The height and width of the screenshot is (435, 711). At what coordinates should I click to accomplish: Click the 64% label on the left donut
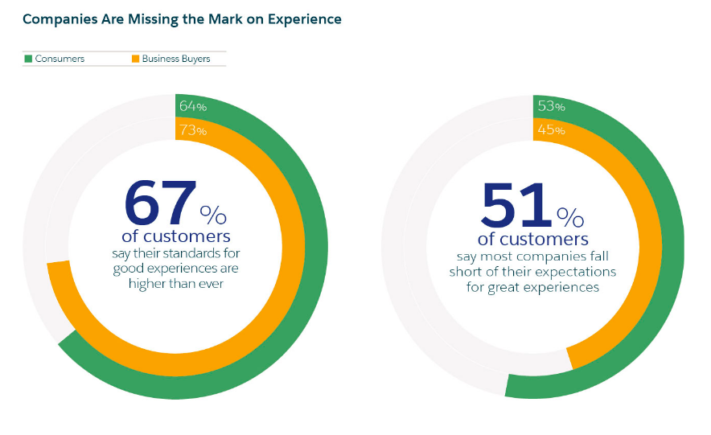click(193, 106)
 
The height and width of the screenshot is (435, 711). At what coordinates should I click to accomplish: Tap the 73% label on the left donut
click(193, 130)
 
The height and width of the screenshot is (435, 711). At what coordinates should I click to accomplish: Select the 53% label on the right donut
click(551, 106)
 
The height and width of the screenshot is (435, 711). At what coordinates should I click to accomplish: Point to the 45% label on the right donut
click(551, 130)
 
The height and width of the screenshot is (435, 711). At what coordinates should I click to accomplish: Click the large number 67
click(160, 203)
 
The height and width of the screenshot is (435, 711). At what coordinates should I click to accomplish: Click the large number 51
click(516, 205)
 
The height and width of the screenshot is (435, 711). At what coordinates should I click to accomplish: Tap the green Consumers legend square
click(28, 59)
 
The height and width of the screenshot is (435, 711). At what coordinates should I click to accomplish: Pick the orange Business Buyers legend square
click(135, 59)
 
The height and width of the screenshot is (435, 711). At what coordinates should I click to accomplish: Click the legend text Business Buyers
click(176, 59)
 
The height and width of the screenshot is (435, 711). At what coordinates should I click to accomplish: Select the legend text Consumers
click(60, 59)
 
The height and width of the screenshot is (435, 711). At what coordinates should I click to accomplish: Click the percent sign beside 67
click(214, 215)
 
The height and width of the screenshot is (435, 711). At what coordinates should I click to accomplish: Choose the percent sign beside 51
click(570, 216)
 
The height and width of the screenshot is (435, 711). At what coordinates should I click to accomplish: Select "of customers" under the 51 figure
click(532, 240)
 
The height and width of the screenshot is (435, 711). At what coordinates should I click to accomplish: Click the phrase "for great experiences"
click(532, 287)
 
